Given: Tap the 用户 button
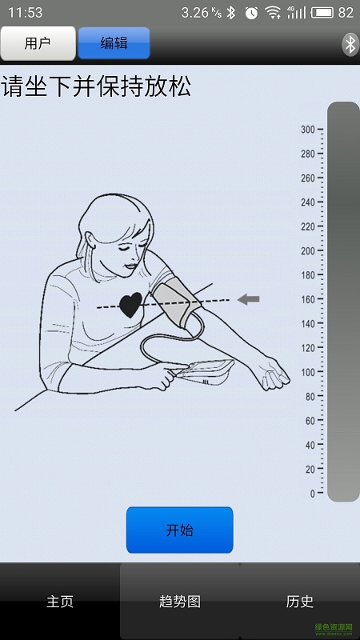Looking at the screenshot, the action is point(38,43).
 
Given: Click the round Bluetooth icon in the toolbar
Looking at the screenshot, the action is point(350,45).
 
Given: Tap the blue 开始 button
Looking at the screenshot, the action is point(179,530).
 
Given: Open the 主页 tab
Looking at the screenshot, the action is point(59,602).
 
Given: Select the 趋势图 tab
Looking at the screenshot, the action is point(179,602).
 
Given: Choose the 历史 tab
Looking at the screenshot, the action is point(300,602).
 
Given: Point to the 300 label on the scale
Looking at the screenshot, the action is point(308,130).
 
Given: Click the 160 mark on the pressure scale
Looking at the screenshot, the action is point(308,299).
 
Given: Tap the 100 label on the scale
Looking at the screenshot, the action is point(308,372).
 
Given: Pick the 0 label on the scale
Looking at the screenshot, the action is point(312,494).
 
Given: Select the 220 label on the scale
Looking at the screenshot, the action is point(308,227).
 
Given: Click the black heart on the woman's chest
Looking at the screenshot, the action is point(130,305).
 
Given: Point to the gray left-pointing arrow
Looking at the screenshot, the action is point(248,299).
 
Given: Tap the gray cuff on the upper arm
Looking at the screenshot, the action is point(176,302).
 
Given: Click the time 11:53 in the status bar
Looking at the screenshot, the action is point(26,13).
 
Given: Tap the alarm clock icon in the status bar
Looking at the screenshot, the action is point(251,13).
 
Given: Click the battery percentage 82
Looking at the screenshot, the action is point(346,13).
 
